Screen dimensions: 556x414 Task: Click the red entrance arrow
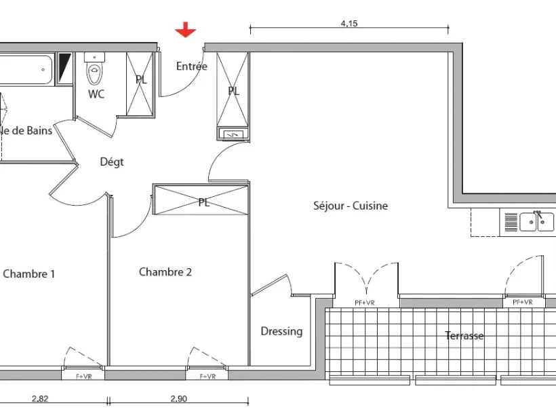coord(186,29)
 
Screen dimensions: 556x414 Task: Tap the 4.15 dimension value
coord(349,24)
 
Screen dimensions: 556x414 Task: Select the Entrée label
coord(192,66)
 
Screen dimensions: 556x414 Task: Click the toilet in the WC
coord(95,69)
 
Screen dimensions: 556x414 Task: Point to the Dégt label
coord(112,162)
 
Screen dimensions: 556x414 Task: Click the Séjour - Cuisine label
coord(351,206)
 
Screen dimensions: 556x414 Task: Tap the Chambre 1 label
coord(29,274)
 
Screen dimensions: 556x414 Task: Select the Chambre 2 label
coord(165,272)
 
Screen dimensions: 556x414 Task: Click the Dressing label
coord(281,331)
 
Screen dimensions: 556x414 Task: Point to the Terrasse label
coord(464,335)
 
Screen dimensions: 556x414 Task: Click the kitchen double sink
coord(536,222)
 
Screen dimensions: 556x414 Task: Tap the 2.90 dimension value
coord(179,399)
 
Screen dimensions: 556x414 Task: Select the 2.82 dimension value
coord(40,399)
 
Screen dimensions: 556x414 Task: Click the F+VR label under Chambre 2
coord(207,377)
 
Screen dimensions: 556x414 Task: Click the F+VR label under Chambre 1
coord(84,377)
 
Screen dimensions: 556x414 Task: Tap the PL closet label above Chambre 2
coord(203,202)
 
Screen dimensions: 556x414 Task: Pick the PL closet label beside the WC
coord(141,79)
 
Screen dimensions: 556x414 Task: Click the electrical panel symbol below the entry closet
coord(233,134)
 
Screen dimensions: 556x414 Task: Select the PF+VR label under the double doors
coord(365,303)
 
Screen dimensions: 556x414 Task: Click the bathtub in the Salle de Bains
coord(26,70)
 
